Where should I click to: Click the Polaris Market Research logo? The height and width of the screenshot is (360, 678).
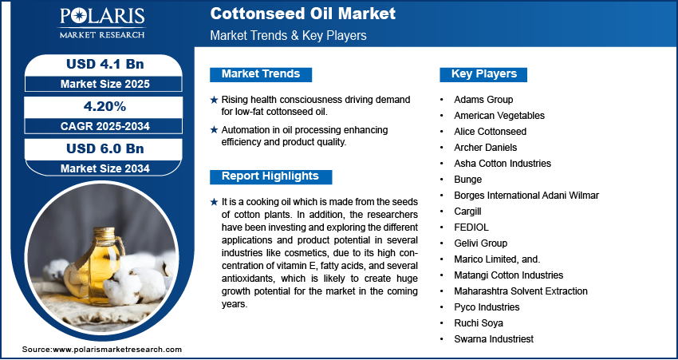pyautogui.click(x=102, y=23)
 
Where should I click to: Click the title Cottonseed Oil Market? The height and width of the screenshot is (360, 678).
pyautogui.click(x=302, y=14)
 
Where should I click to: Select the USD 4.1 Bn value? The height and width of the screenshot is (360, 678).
pyautogui.click(x=105, y=64)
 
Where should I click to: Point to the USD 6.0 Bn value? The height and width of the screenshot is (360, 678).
pyautogui.click(x=105, y=148)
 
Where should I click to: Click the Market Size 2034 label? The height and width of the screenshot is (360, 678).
pyautogui.click(x=105, y=168)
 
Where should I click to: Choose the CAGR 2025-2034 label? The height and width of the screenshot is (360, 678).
pyautogui.click(x=105, y=126)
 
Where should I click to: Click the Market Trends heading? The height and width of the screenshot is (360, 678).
pyautogui.click(x=261, y=74)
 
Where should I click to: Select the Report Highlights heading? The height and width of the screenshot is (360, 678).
pyautogui.click(x=270, y=176)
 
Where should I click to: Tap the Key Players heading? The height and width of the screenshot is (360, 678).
pyautogui.click(x=484, y=74)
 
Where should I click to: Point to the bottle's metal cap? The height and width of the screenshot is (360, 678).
pyautogui.click(x=104, y=235)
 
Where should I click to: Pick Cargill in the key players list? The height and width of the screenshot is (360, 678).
pyautogui.click(x=467, y=212)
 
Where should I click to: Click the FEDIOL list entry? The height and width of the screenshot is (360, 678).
pyautogui.click(x=471, y=227)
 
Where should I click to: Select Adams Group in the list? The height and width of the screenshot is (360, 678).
pyautogui.click(x=483, y=100)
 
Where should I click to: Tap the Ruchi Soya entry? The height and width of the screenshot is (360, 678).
pyautogui.click(x=479, y=323)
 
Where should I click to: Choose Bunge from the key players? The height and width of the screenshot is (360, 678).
pyautogui.click(x=468, y=179)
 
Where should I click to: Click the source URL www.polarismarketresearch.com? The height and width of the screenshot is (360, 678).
pyautogui.click(x=117, y=349)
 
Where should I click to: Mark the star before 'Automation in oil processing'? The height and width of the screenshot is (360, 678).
pyautogui.click(x=214, y=130)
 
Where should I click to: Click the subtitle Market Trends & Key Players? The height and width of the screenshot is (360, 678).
pyautogui.click(x=289, y=35)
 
